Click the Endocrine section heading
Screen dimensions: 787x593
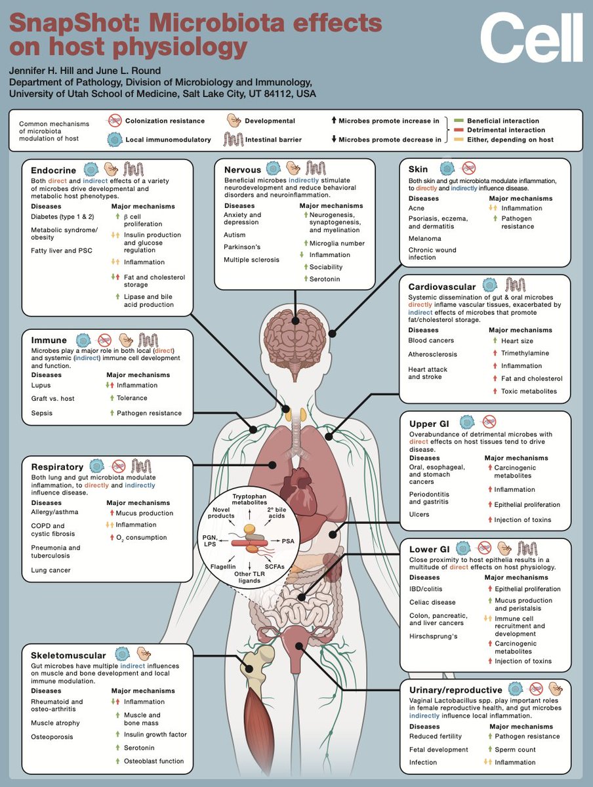(x=54, y=169)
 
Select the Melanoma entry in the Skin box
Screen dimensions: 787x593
(x=425, y=239)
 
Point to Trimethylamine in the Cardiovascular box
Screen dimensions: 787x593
(x=524, y=353)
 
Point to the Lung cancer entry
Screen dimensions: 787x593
(x=51, y=570)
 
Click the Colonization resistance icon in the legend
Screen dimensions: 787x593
(x=115, y=121)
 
